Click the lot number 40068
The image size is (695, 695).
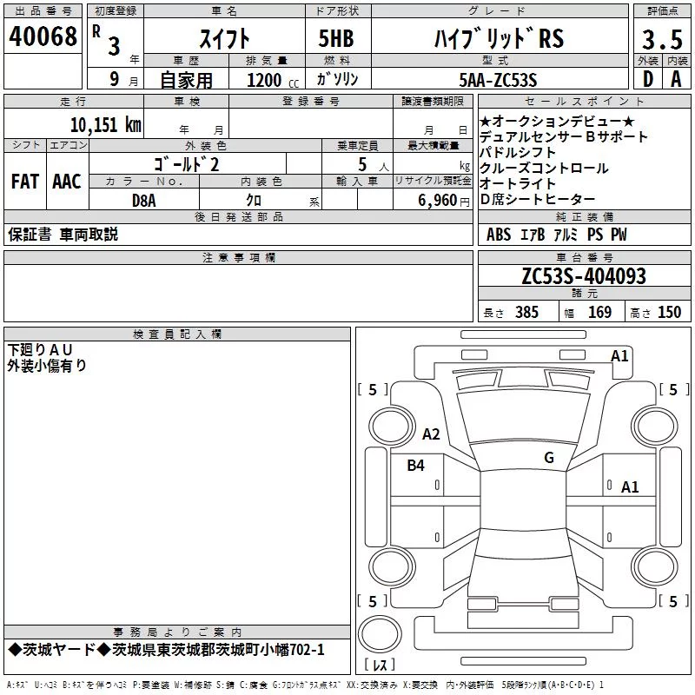tap(43, 36)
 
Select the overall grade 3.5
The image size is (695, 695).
tap(662, 39)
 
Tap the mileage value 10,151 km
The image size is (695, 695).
tap(106, 124)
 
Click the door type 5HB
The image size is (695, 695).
tap(336, 38)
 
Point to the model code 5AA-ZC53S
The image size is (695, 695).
tap(498, 80)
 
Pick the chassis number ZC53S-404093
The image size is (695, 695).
tap(584, 276)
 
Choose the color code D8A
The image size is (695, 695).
tap(144, 201)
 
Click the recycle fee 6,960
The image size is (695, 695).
tap(438, 201)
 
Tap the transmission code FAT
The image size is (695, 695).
tap(25, 182)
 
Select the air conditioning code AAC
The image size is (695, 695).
tap(67, 182)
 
